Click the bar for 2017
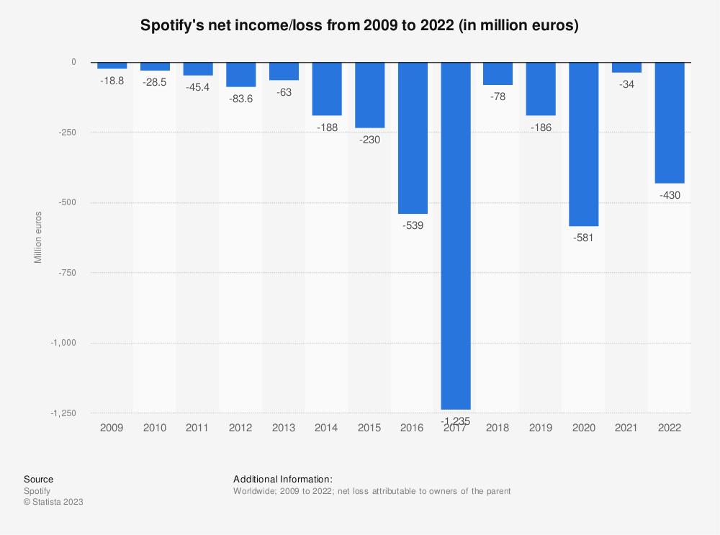coord(455,235)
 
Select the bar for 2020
coord(583,144)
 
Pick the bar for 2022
coord(669,122)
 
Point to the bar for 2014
coord(327,89)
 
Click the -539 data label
coord(413,225)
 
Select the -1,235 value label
coord(455,420)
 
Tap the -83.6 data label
coord(241,99)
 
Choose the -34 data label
coord(626,84)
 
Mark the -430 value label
coord(669,195)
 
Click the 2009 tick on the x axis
coord(112,427)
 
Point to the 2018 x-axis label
coord(498,427)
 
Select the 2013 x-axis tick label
coord(284,427)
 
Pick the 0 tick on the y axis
coord(73,63)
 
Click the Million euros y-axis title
coord(38,238)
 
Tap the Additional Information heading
coord(282,479)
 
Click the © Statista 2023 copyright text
coord(53,502)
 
